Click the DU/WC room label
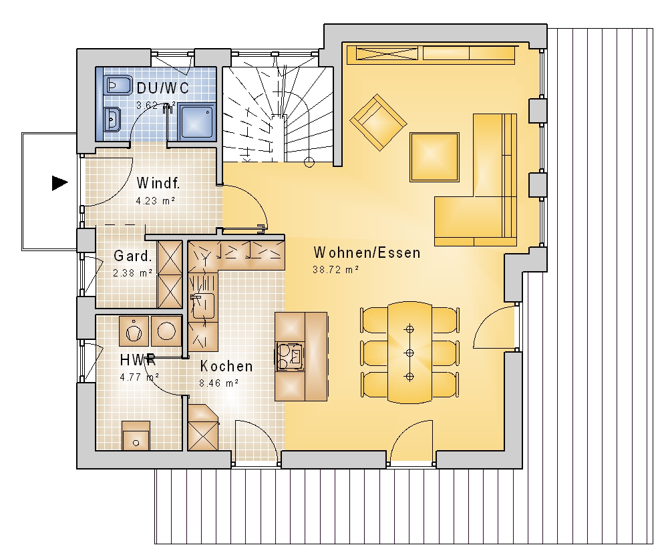click(x=163, y=88)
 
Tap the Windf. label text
click(x=158, y=183)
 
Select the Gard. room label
click(x=132, y=256)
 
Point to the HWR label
click(x=138, y=360)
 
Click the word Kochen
click(x=226, y=366)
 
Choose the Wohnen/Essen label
click(x=367, y=252)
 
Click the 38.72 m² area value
click(x=336, y=269)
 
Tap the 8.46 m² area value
click(x=218, y=383)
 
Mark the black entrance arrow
click(x=60, y=183)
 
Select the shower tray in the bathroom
click(x=196, y=122)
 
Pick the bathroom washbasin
click(x=112, y=119)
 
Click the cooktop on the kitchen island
click(x=290, y=355)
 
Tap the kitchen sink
click(x=203, y=305)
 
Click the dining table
click(x=409, y=353)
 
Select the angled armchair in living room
click(x=378, y=123)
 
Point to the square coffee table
click(x=435, y=157)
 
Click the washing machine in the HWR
click(x=134, y=331)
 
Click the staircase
click(x=278, y=114)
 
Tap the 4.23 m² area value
click(x=156, y=200)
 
